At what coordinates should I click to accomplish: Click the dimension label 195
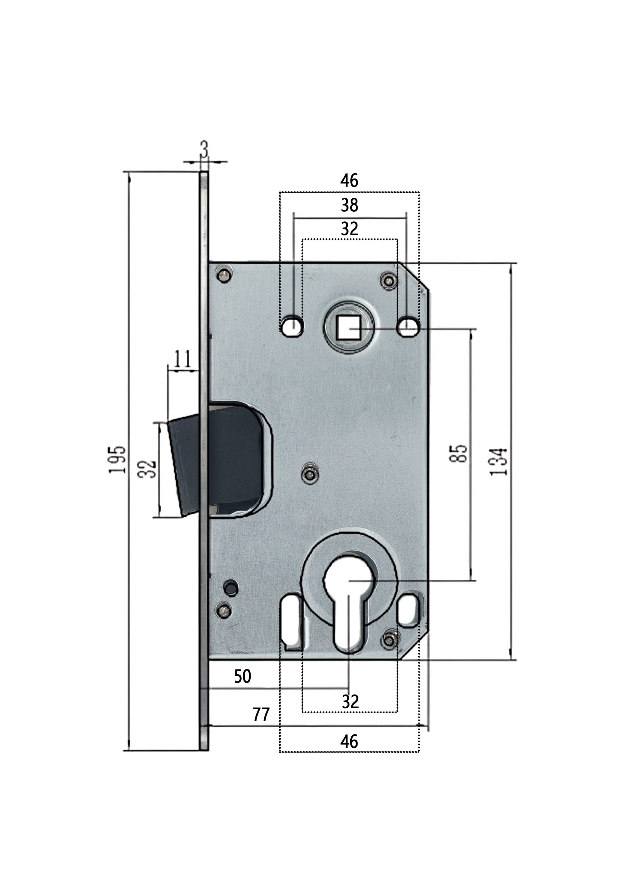[117, 459]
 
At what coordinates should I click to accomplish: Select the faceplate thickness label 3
[204, 150]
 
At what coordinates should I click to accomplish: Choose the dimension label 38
[349, 205]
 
